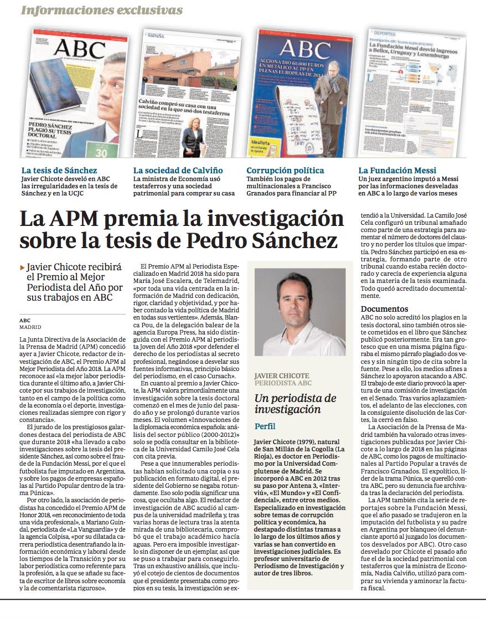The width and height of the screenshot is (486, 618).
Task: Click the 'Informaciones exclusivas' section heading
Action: point(102,10)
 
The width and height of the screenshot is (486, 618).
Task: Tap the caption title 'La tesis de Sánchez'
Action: point(59,171)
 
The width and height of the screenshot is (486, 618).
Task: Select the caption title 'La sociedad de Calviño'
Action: point(178,171)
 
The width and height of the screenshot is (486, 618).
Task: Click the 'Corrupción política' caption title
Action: point(285,171)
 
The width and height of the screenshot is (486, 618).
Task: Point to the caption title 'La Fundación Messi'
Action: point(397,171)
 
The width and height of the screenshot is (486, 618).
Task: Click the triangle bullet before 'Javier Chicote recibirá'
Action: point(22,267)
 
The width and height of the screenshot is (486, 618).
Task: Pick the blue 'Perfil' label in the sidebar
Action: point(265,427)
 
